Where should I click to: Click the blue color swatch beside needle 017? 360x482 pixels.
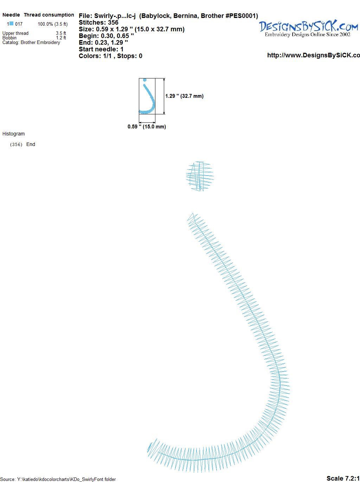(x=12, y=24)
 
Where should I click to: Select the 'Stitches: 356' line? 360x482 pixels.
(x=98, y=23)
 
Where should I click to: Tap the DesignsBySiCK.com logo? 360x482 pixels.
(x=308, y=28)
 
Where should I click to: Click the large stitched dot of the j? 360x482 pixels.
(x=200, y=176)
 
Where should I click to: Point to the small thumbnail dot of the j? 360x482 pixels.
(x=144, y=80)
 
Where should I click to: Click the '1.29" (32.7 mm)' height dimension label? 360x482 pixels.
(x=184, y=96)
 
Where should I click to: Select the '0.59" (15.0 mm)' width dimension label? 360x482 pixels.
(x=147, y=127)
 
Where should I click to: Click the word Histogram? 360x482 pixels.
(x=13, y=134)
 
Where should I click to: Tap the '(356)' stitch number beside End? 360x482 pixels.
(x=16, y=145)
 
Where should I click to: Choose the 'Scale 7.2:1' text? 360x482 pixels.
(x=343, y=478)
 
